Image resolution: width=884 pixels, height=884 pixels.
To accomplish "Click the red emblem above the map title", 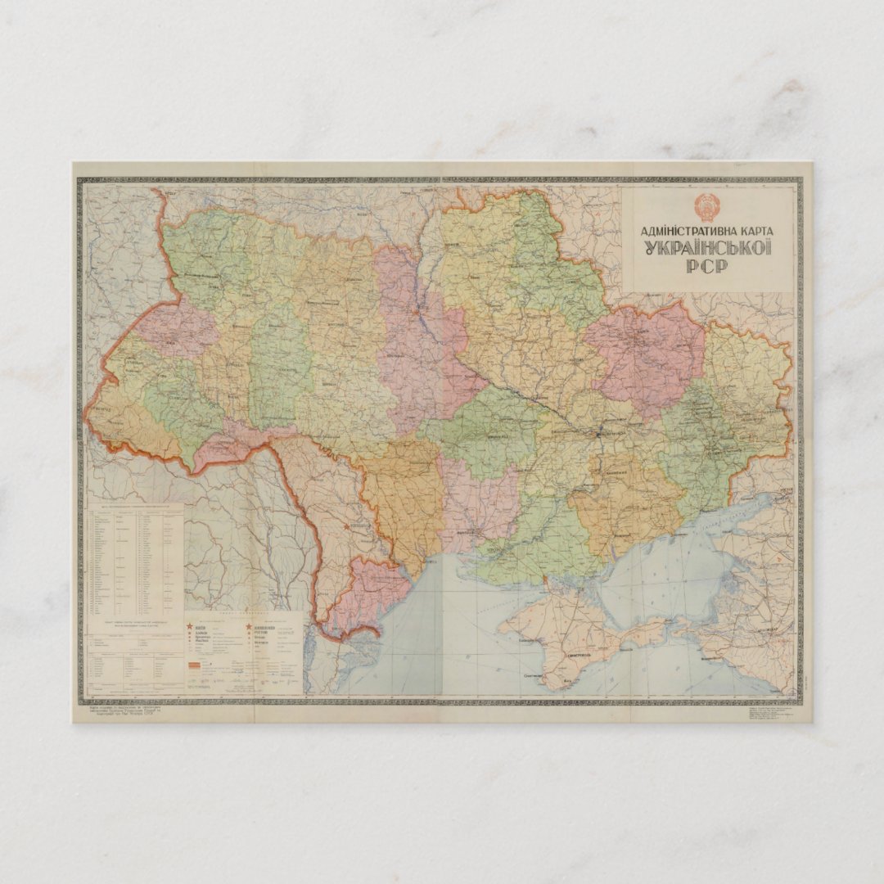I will pyautogui.click(x=706, y=206).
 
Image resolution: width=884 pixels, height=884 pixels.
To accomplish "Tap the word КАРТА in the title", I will pyautogui.click(x=752, y=231).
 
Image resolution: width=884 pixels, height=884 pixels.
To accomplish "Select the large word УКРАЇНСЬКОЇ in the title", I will pyautogui.click(x=707, y=248).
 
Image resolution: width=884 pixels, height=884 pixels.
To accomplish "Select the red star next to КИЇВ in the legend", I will pyautogui.click(x=193, y=627).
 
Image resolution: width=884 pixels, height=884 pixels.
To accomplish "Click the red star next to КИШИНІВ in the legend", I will pyautogui.click(x=249, y=627).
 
